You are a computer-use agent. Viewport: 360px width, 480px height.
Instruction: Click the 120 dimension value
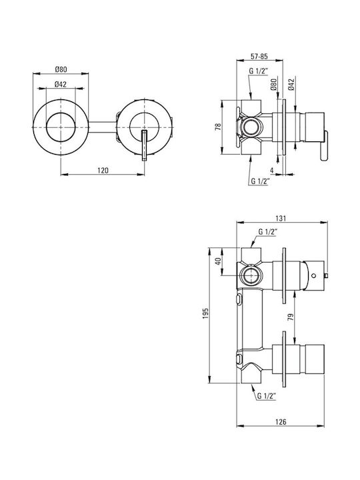(x=103, y=170)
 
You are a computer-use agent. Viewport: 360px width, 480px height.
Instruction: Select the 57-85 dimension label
(x=259, y=56)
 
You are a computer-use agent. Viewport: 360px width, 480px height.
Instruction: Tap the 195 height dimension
(x=205, y=313)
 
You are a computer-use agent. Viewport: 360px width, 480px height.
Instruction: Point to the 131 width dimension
(x=281, y=218)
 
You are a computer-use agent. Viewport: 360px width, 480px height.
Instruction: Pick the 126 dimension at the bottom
(x=281, y=422)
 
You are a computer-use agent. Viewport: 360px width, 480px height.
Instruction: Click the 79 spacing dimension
(x=291, y=317)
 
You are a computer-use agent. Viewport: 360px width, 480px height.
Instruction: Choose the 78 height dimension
(x=217, y=127)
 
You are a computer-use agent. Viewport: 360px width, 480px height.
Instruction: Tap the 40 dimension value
(x=218, y=261)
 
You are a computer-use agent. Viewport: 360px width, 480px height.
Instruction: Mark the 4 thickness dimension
(x=271, y=169)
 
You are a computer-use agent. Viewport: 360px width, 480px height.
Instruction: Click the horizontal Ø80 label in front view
(x=61, y=69)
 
